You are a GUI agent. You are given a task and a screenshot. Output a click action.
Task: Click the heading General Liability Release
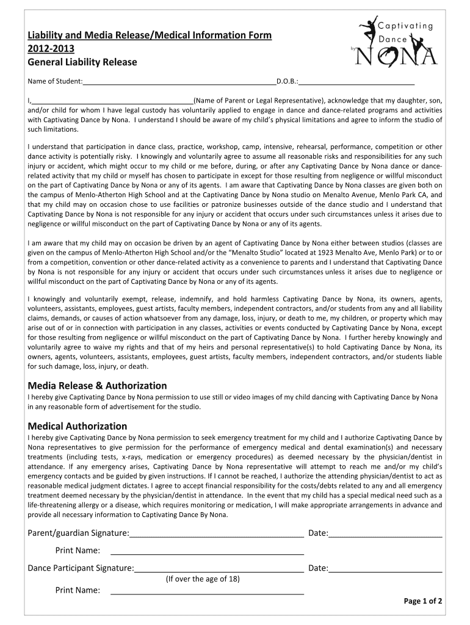(82, 62)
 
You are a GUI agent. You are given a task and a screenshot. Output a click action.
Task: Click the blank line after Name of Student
(179, 82)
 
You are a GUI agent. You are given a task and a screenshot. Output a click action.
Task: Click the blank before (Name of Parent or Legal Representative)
(112, 101)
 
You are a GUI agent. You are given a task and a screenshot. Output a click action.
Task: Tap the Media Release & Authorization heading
(97, 385)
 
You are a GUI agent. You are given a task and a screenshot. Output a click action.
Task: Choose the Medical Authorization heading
(78, 425)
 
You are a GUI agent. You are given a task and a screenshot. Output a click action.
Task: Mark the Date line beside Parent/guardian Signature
(385, 533)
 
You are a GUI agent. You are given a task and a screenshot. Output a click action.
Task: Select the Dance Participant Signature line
(219, 568)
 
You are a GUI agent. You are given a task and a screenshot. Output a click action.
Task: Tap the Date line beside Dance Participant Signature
(385, 568)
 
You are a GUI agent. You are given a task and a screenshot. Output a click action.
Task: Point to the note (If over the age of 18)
(203, 579)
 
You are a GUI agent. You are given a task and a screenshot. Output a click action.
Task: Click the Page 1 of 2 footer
(423, 601)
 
